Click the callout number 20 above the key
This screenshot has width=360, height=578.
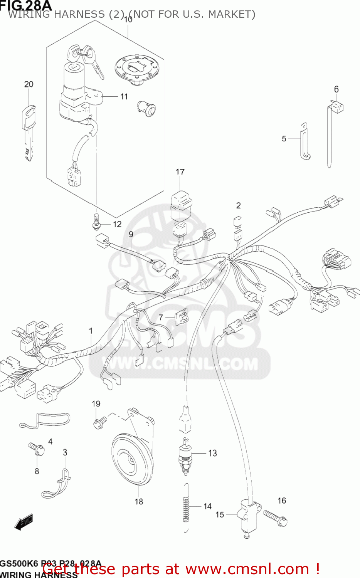click(29, 84)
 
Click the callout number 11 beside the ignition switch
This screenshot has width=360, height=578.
click(124, 96)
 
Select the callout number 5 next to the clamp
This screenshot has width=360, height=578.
click(284, 139)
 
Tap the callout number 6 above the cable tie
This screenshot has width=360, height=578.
click(336, 89)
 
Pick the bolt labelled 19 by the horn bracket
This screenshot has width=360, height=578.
click(99, 422)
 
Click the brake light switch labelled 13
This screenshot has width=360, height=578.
click(185, 455)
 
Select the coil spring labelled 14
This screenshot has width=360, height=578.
click(186, 509)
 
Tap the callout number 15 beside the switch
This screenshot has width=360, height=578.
click(220, 514)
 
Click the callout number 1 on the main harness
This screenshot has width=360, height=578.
click(91, 331)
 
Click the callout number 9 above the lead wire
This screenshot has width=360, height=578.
click(131, 234)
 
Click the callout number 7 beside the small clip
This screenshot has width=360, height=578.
click(161, 318)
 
